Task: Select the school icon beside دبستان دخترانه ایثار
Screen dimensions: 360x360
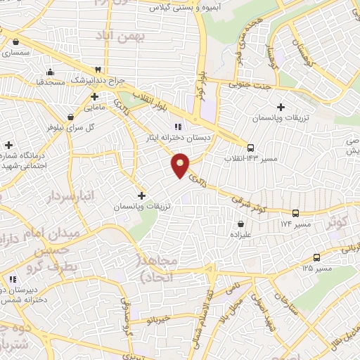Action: coord(178,127)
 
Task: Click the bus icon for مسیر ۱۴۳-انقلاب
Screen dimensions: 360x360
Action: coord(250,148)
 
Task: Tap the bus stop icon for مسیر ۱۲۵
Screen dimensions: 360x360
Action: coord(316,257)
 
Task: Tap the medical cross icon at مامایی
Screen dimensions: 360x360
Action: coord(94,96)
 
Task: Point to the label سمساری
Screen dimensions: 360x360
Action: coord(15,53)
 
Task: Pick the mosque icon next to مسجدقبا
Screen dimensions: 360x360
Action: coord(50,72)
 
